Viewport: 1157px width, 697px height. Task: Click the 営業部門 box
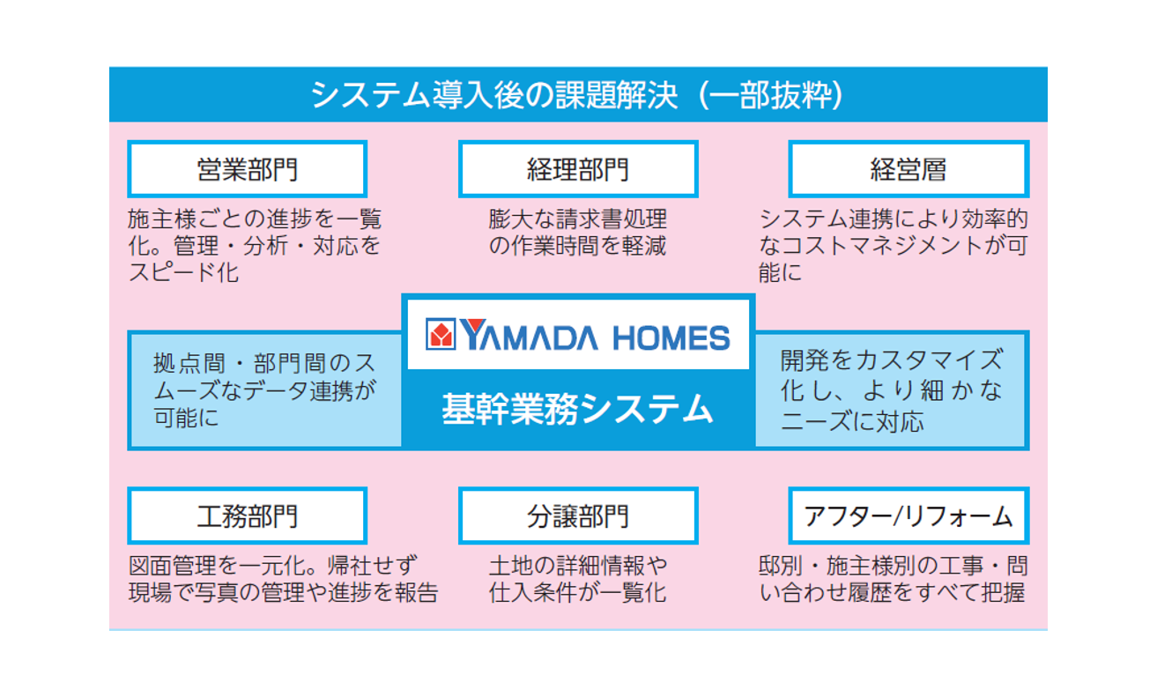(x=248, y=169)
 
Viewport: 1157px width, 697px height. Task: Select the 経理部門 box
(x=578, y=169)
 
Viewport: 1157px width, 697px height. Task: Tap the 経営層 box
(x=909, y=169)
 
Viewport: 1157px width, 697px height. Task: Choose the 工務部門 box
(x=248, y=515)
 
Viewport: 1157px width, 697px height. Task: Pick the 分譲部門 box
(x=578, y=515)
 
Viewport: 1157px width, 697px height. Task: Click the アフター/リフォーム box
(x=909, y=515)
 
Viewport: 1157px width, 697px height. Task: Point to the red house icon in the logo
(x=441, y=334)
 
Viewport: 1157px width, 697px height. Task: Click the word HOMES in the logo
(x=671, y=337)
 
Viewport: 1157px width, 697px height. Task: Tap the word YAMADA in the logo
(x=529, y=335)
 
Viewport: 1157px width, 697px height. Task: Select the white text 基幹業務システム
(x=577, y=408)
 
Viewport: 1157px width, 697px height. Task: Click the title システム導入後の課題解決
(x=494, y=95)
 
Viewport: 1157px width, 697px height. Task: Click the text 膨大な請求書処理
(x=578, y=219)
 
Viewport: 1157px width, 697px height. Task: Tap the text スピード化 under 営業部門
(x=184, y=272)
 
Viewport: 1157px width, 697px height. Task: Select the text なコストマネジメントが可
(x=893, y=246)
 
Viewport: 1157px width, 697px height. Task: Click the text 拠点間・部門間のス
(x=264, y=363)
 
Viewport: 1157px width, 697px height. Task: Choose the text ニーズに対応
(x=852, y=421)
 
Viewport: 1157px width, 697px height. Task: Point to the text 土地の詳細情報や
(x=578, y=566)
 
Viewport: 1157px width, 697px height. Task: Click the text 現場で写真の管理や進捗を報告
(x=283, y=593)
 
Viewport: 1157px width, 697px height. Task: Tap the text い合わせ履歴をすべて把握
(x=892, y=593)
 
